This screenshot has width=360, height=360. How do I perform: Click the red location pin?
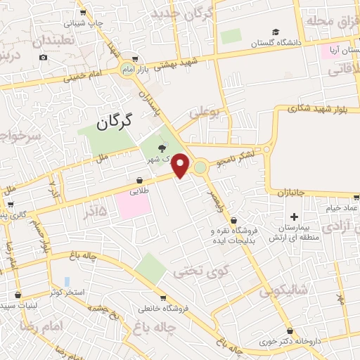click(181, 165)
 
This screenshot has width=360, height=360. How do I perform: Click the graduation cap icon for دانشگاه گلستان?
click(276, 32)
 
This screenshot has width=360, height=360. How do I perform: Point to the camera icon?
click(44, 57)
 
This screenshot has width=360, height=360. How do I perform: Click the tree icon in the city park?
click(163, 148)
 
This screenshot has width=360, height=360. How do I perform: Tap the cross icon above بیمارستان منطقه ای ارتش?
click(294, 217)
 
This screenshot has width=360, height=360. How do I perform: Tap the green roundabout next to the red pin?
click(200, 167)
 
